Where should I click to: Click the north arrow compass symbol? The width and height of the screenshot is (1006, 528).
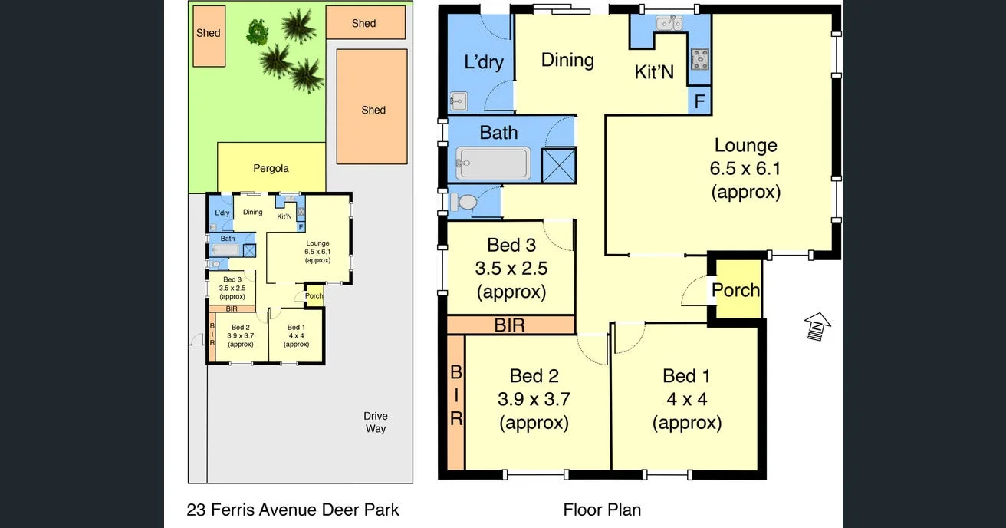[818, 325]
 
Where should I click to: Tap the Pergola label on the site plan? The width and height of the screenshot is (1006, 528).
[271, 168]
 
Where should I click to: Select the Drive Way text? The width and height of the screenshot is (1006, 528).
[375, 423]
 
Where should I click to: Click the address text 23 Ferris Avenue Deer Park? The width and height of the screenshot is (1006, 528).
[293, 510]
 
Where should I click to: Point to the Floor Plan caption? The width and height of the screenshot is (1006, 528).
[602, 510]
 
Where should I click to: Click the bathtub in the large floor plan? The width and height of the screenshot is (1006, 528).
[492, 163]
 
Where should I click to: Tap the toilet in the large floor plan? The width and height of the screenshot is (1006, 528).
[465, 202]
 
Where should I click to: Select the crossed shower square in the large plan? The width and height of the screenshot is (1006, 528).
[558, 165]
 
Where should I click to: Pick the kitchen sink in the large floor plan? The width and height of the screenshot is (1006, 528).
[669, 23]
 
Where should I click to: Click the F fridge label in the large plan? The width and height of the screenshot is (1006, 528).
[699, 101]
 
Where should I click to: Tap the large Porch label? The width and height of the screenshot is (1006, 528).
[735, 290]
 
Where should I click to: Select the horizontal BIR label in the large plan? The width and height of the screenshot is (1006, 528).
[510, 325]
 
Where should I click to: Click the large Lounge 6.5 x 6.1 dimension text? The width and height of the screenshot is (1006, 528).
[745, 168]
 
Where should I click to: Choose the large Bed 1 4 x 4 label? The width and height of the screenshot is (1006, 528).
[686, 399]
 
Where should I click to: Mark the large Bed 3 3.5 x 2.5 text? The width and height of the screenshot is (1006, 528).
[511, 268]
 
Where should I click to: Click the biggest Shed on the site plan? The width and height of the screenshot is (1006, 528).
[373, 107]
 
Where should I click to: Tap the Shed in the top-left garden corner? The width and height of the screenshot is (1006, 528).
[208, 35]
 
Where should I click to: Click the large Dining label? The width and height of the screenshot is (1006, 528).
[567, 60]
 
